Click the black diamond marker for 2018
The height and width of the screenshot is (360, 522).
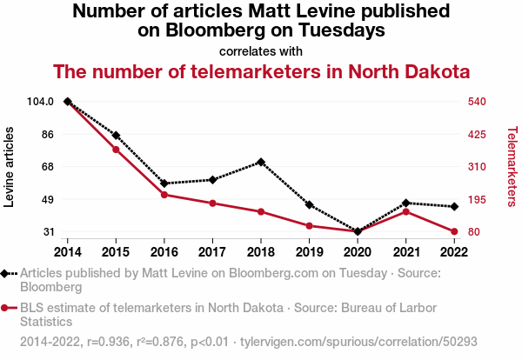click(x=261, y=162)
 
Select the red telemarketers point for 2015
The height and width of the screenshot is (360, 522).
click(x=116, y=150)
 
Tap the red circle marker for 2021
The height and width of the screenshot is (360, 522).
click(x=405, y=211)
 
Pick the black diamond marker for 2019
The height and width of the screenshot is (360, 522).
click(x=309, y=205)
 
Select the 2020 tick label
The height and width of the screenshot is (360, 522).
click(x=358, y=252)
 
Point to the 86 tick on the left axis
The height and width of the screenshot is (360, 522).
click(x=47, y=135)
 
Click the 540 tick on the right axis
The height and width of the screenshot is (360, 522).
click(x=476, y=102)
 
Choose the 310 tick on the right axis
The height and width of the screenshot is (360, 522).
click(x=476, y=167)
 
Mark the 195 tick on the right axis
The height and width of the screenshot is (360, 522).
click(x=476, y=199)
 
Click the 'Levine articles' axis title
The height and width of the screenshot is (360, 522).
click(x=10, y=167)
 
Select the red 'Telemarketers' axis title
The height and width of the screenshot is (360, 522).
click(x=511, y=167)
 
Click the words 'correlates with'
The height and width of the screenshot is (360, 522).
click(x=261, y=50)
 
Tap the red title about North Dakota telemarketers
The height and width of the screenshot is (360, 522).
click(x=261, y=71)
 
